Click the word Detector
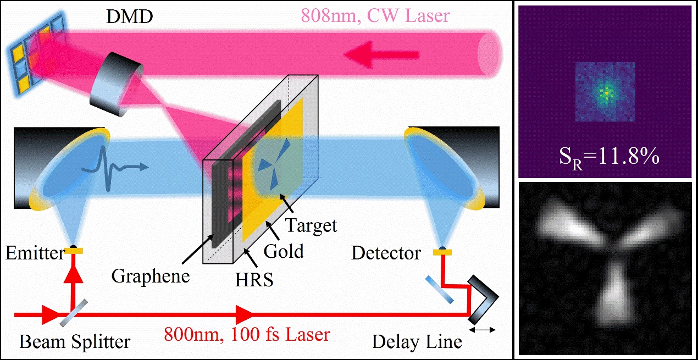[386, 253]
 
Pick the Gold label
[284, 251]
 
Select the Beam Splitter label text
[75, 342]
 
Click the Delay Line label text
[417, 342]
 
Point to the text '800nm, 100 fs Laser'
[248, 334]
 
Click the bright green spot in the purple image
[606, 92]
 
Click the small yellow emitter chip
[73, 251]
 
